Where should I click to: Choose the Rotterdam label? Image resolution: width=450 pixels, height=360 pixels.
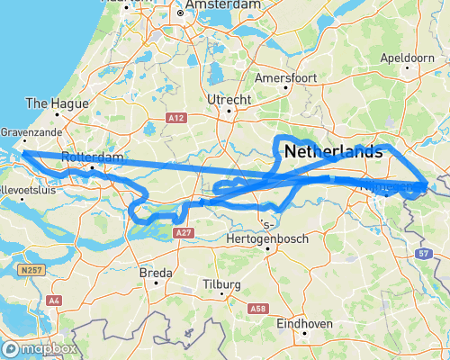tap(92, 157)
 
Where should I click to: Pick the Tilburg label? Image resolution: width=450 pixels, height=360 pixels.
tap(220, 285)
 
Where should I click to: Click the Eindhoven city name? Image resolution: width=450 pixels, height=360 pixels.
tap(304, 323)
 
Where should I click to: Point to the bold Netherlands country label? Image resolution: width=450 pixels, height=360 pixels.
tap(333, 154)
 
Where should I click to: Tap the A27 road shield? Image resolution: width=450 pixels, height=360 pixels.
tap(184, 232)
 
